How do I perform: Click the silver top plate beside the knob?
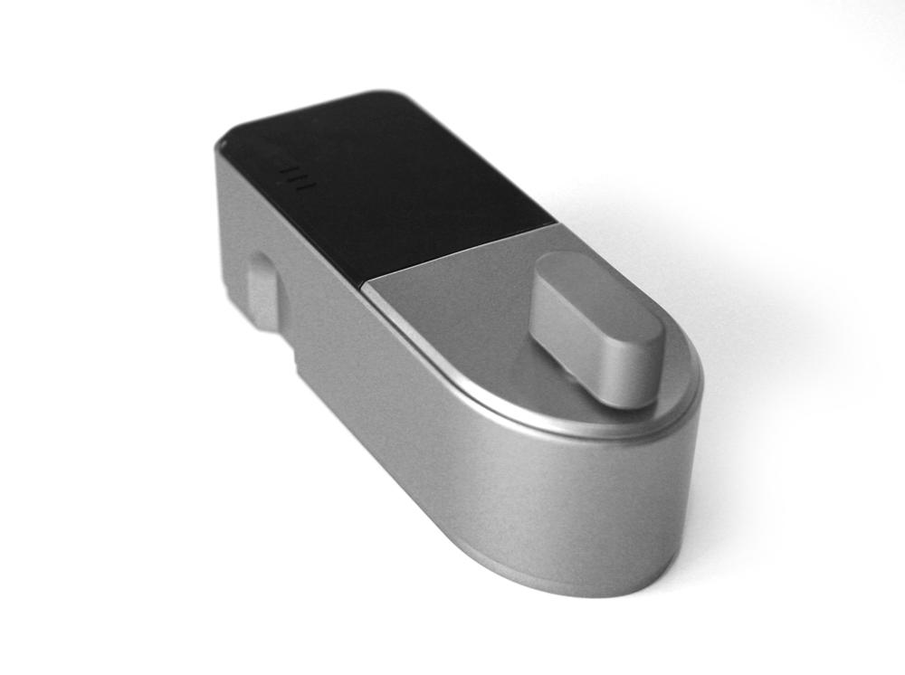pyautogui.click(x=452, y=308)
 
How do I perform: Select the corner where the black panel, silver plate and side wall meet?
pyautogui.click(x=364, y=288)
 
